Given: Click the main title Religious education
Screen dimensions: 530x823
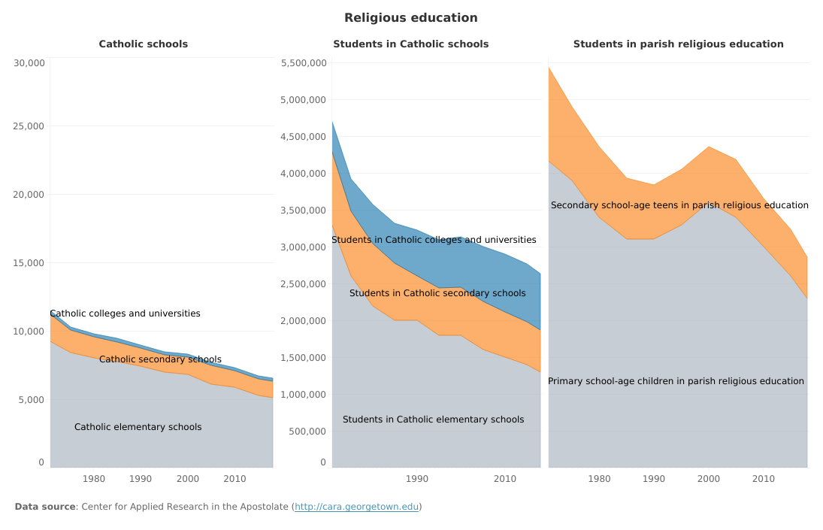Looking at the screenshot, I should coord(410,18).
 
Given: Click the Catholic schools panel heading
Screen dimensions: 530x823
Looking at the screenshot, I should coord(144,44).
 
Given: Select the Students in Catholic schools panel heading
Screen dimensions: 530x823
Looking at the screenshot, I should coord(410,44).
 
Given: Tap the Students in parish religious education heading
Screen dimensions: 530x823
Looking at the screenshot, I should coord(678,44).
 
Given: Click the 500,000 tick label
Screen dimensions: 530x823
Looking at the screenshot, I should coord(307,432).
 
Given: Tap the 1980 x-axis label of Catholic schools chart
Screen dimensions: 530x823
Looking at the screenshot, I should coord(94,478).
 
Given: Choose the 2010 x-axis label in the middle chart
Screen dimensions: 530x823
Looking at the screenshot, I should coord(505,478).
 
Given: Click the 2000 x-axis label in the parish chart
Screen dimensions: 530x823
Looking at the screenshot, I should coord(709,478).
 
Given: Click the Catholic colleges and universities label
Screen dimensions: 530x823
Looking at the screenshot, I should coord(125,313).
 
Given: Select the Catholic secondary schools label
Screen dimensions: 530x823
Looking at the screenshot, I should coord(160,359).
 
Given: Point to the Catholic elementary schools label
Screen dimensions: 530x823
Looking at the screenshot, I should coord(138,427).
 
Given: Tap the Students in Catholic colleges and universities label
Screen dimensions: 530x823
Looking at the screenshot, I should coord(434,240).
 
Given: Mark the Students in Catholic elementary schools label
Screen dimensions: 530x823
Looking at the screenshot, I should coord(433,419).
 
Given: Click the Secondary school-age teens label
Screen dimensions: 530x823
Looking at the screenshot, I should coord(679,205).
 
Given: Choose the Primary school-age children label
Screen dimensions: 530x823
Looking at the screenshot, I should coord(676,381).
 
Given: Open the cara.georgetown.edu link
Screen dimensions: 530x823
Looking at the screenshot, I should coord(356,507).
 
